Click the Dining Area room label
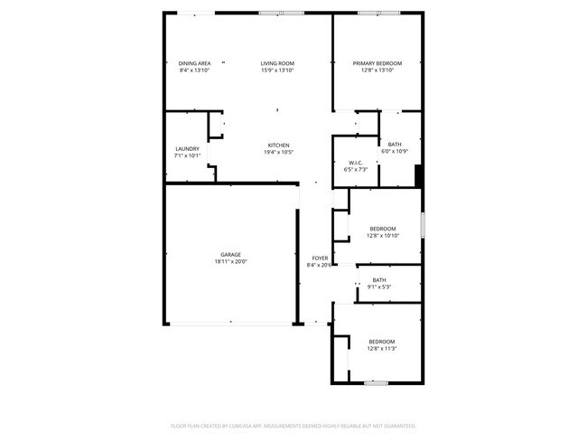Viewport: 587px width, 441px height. (194, 63)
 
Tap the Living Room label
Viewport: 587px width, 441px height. (278, 63)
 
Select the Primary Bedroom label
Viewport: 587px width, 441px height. (377, 63)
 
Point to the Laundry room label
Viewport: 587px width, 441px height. (187, 148)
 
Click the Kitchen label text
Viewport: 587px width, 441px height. (278, 145)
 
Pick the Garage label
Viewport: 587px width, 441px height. (231, 255)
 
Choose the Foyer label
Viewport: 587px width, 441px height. (321, 258)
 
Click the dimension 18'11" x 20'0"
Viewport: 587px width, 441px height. (231, 262)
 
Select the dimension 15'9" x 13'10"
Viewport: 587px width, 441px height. (278, 70)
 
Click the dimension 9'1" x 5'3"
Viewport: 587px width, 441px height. (379, 287)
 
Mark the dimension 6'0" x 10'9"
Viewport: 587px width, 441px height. (396, 151)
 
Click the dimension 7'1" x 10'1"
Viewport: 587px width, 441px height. (187, 155)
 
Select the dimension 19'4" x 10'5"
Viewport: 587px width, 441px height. (278, 153)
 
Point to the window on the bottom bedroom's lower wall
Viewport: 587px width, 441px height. (377, 383)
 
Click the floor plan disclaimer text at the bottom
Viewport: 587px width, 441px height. (293, 425)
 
